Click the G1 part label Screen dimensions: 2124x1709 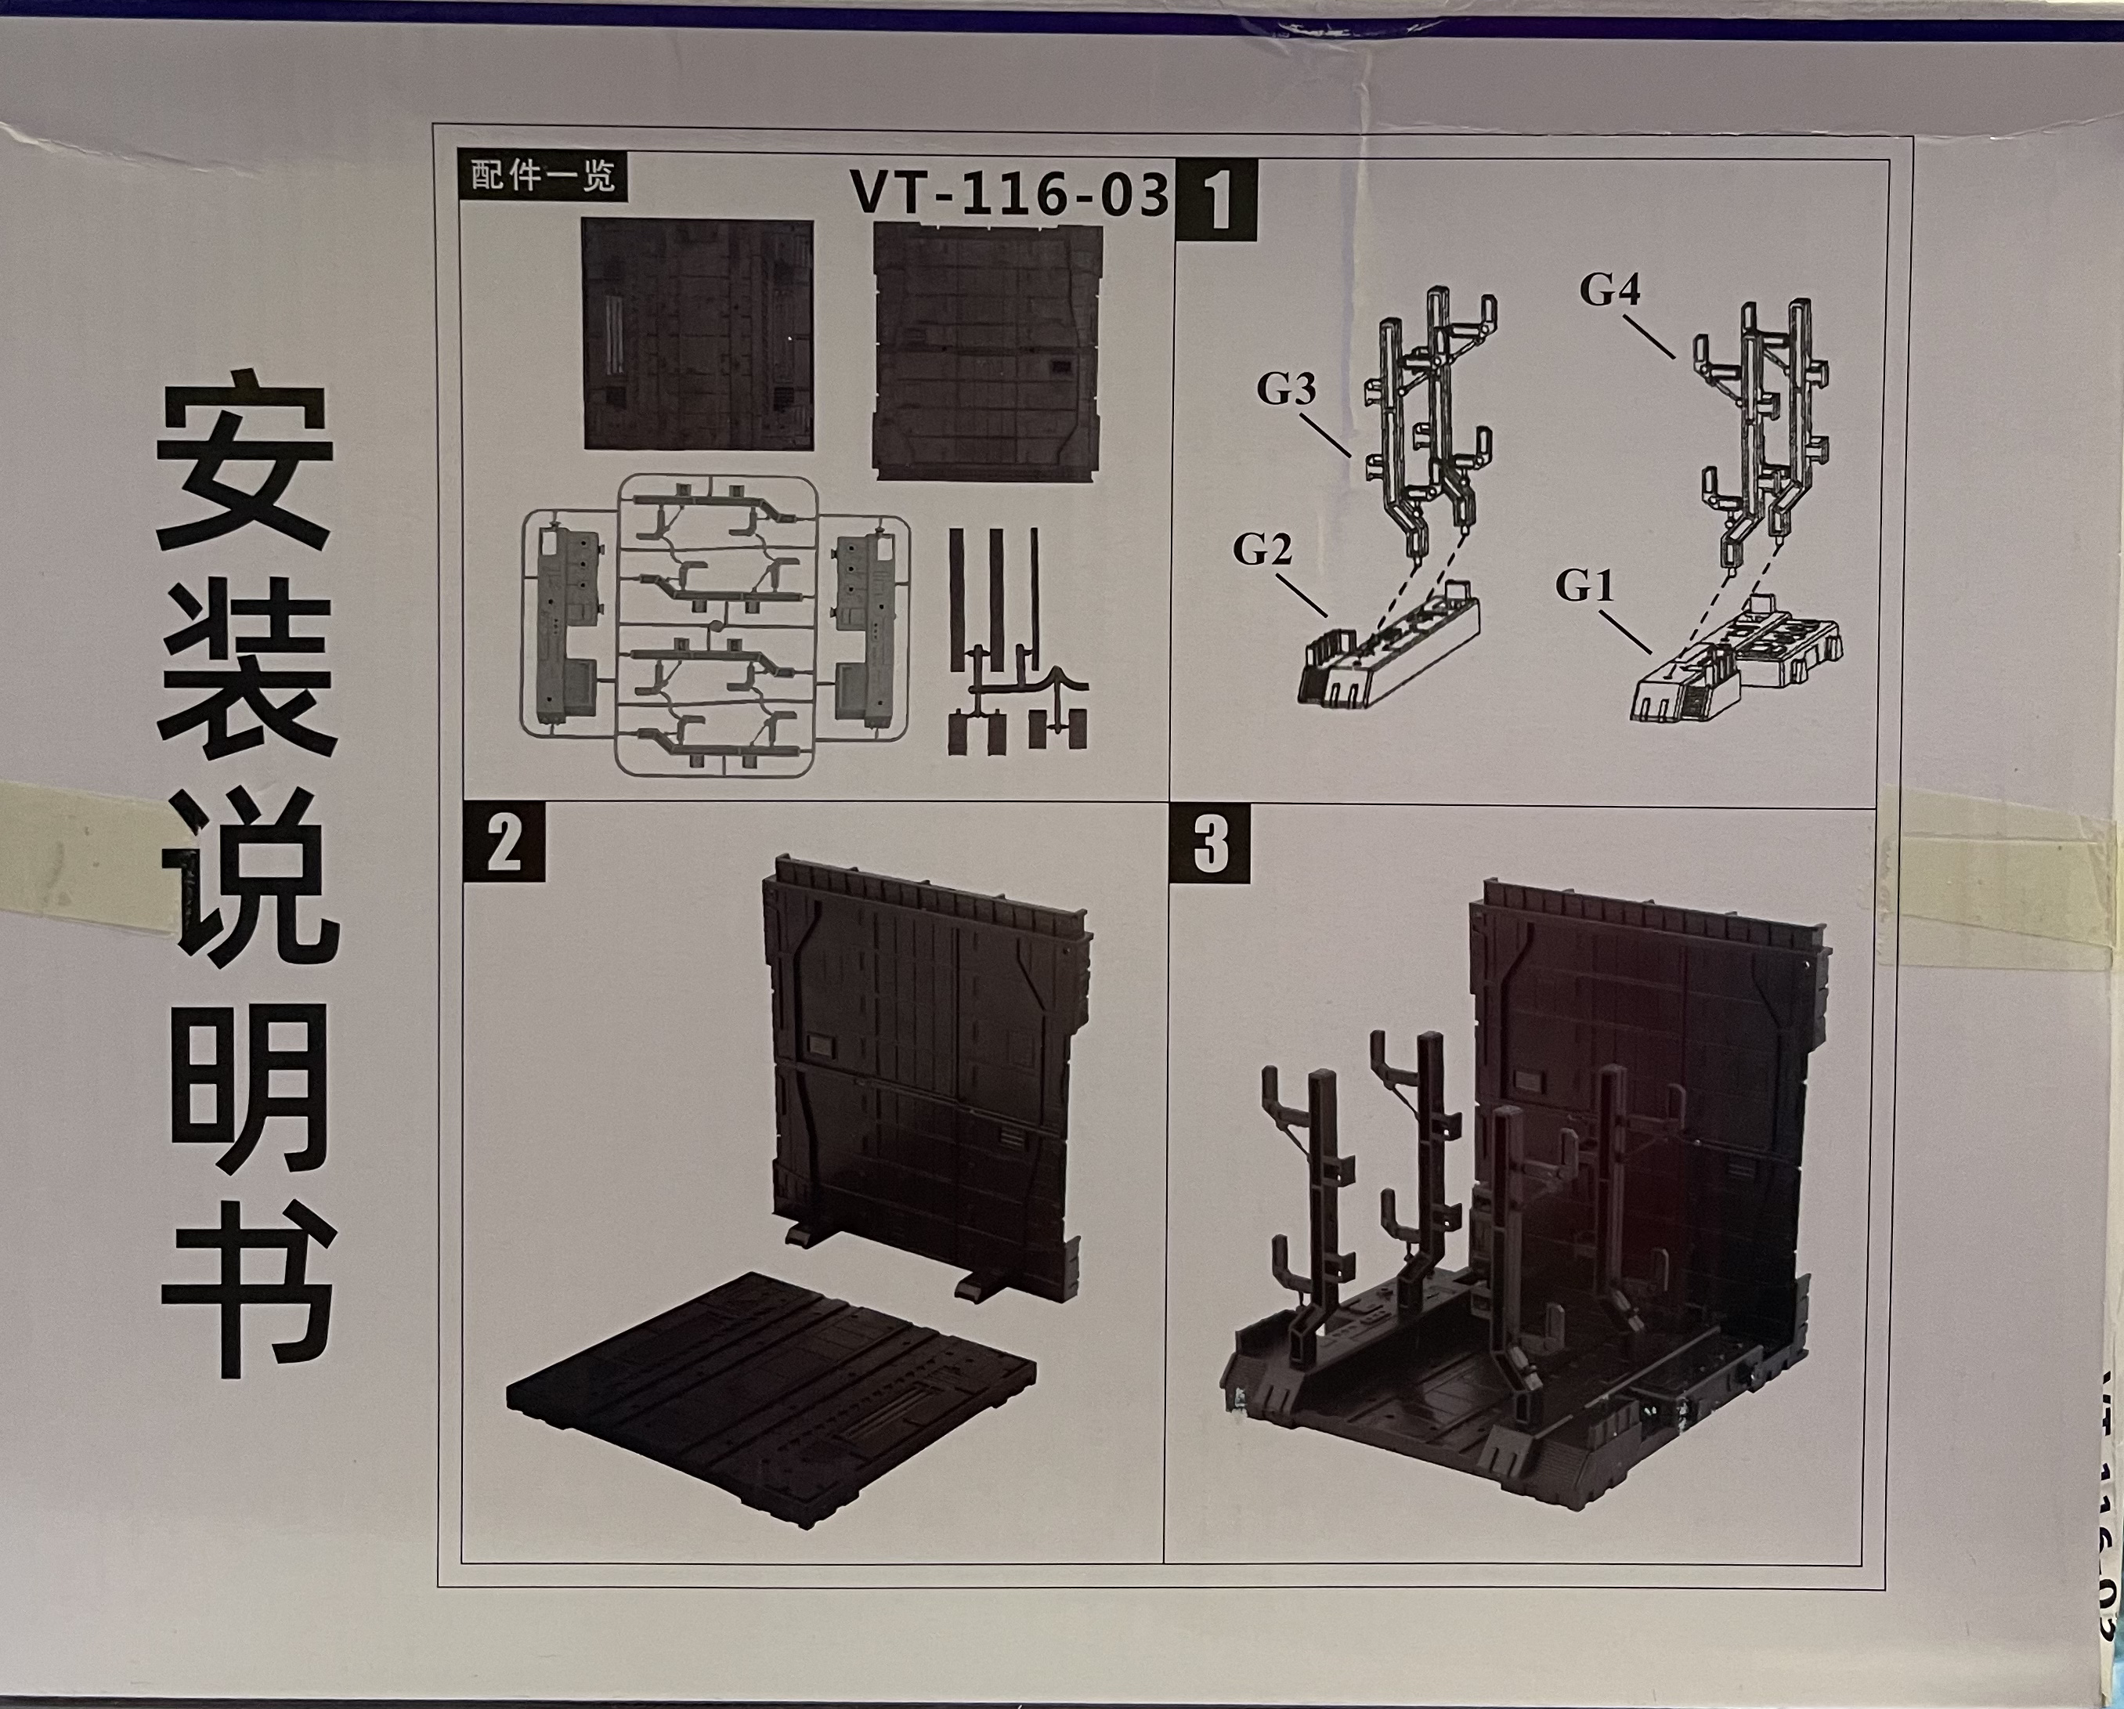coord(1585,587)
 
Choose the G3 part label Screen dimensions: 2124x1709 coord(1287,390)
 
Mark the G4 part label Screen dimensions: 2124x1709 coord(1609,290)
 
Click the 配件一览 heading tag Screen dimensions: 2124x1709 coord(542,176)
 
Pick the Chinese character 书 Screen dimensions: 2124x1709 coord(248,1300)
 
